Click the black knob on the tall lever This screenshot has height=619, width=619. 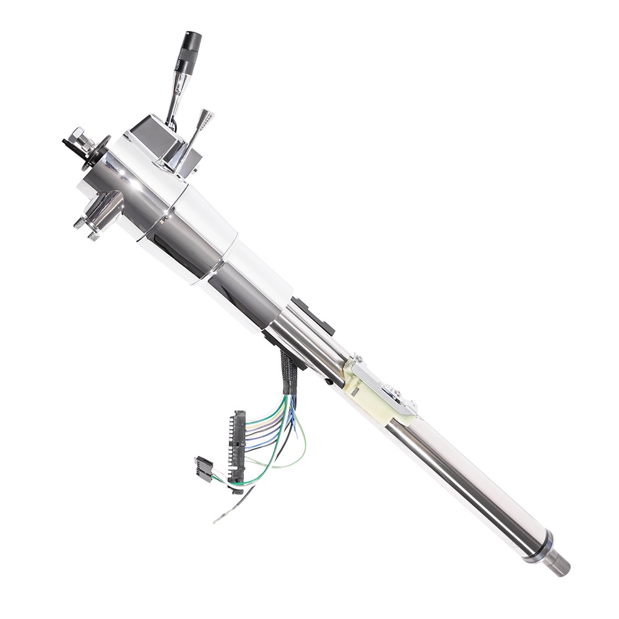190,50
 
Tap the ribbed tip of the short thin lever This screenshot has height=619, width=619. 206,117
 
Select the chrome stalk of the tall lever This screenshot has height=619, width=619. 174,99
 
